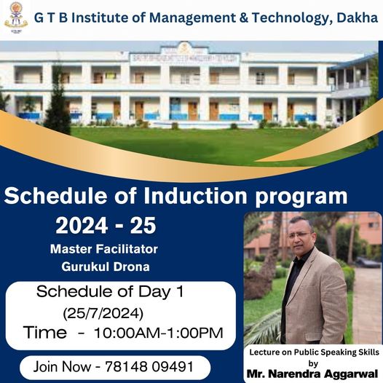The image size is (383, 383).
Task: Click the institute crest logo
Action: [x=16, y=17]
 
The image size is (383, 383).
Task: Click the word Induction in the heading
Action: [x=195, y=196]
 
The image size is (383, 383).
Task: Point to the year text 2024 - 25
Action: [x=106, y=226]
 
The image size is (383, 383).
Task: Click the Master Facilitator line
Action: [x=104, y=249]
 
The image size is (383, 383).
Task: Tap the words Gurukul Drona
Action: [x=106, y=266]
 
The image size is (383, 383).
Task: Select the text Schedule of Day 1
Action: [x=110, y=291]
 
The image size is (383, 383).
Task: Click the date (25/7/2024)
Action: [x=103, y=313]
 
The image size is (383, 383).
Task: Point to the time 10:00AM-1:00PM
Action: [x=159, y=333]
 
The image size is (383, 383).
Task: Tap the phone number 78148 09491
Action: [x=149, y=367]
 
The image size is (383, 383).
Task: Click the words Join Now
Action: [x=62, y=367]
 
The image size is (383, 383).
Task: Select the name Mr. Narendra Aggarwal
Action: [x=312, y=374]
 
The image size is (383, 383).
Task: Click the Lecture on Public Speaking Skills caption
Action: [x=314, y=352]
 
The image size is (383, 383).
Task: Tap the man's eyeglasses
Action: [x=299, y=235]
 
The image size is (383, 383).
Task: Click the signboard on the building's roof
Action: [x=184, y=59]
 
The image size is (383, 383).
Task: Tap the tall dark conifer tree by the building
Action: [x=57, y=100]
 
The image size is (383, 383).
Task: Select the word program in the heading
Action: [x=301, y=197]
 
